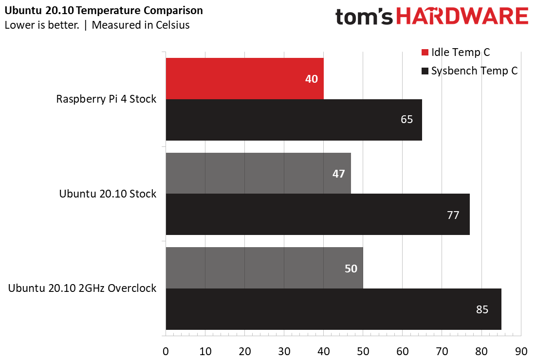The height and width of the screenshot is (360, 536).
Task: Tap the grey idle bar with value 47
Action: click(x=258, y=173)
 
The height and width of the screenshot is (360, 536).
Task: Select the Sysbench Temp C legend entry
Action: click(x=468, y=71)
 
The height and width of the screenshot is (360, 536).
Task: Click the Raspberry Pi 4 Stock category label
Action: click(x=106, y=99)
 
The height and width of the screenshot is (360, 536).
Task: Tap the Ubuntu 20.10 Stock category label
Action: click(x=108, y=194)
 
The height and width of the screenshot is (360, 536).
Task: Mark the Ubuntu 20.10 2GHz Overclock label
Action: click(x=82, y=288)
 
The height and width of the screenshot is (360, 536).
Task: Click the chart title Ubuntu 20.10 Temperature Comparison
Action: click(x=104, y=10)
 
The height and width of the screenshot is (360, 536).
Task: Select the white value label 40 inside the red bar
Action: click(x=312, y=78)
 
